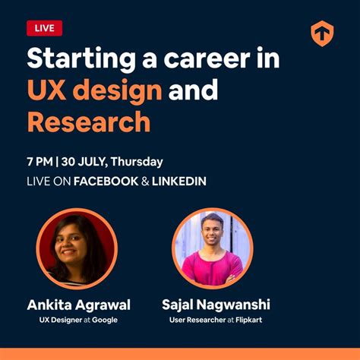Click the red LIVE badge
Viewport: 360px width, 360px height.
44,28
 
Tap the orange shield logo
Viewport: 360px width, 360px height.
322,34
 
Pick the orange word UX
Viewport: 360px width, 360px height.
46,91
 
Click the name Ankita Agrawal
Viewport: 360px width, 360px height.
79,305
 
